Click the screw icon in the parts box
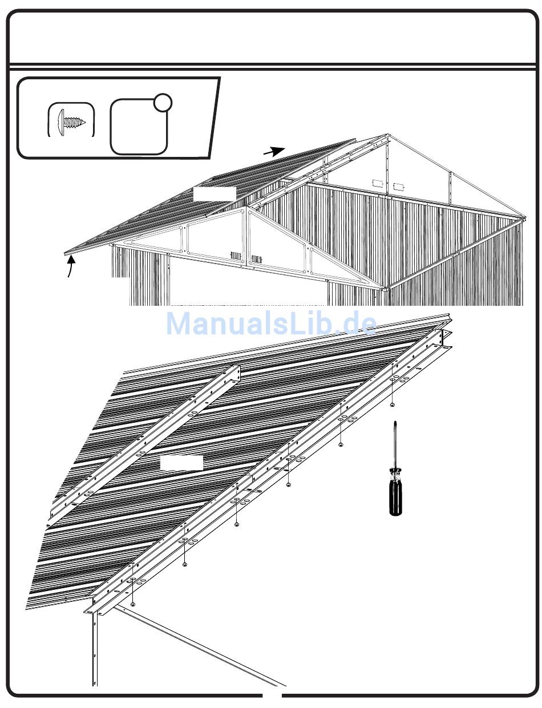click(x=71, y=122)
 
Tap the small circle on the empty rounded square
click(x=163, y=102)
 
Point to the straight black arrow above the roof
click(x=274, y=151)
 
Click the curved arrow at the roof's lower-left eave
click(x=71, y=267)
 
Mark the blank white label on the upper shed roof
click(x=215, y=193)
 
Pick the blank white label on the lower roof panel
click(x=181, y=463)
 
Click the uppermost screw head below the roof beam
click(x=393, y=404)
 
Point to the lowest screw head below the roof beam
click(x=133, y=604)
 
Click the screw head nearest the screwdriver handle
click(x=341, y=444)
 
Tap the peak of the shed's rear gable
click(x=386, y=136)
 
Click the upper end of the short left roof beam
click(x=236, y=369)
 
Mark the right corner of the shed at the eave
click(x=521, y=220)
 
